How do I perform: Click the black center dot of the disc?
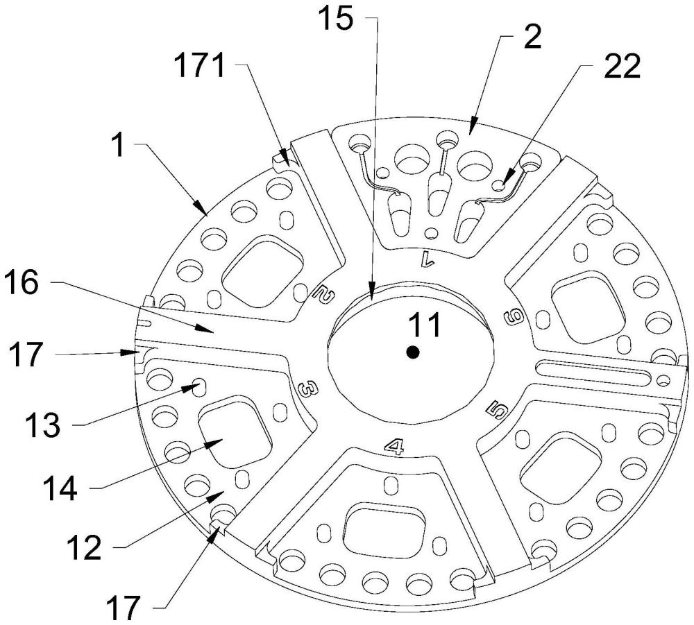point(413,352)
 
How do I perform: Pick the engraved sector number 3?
point(303,390)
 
